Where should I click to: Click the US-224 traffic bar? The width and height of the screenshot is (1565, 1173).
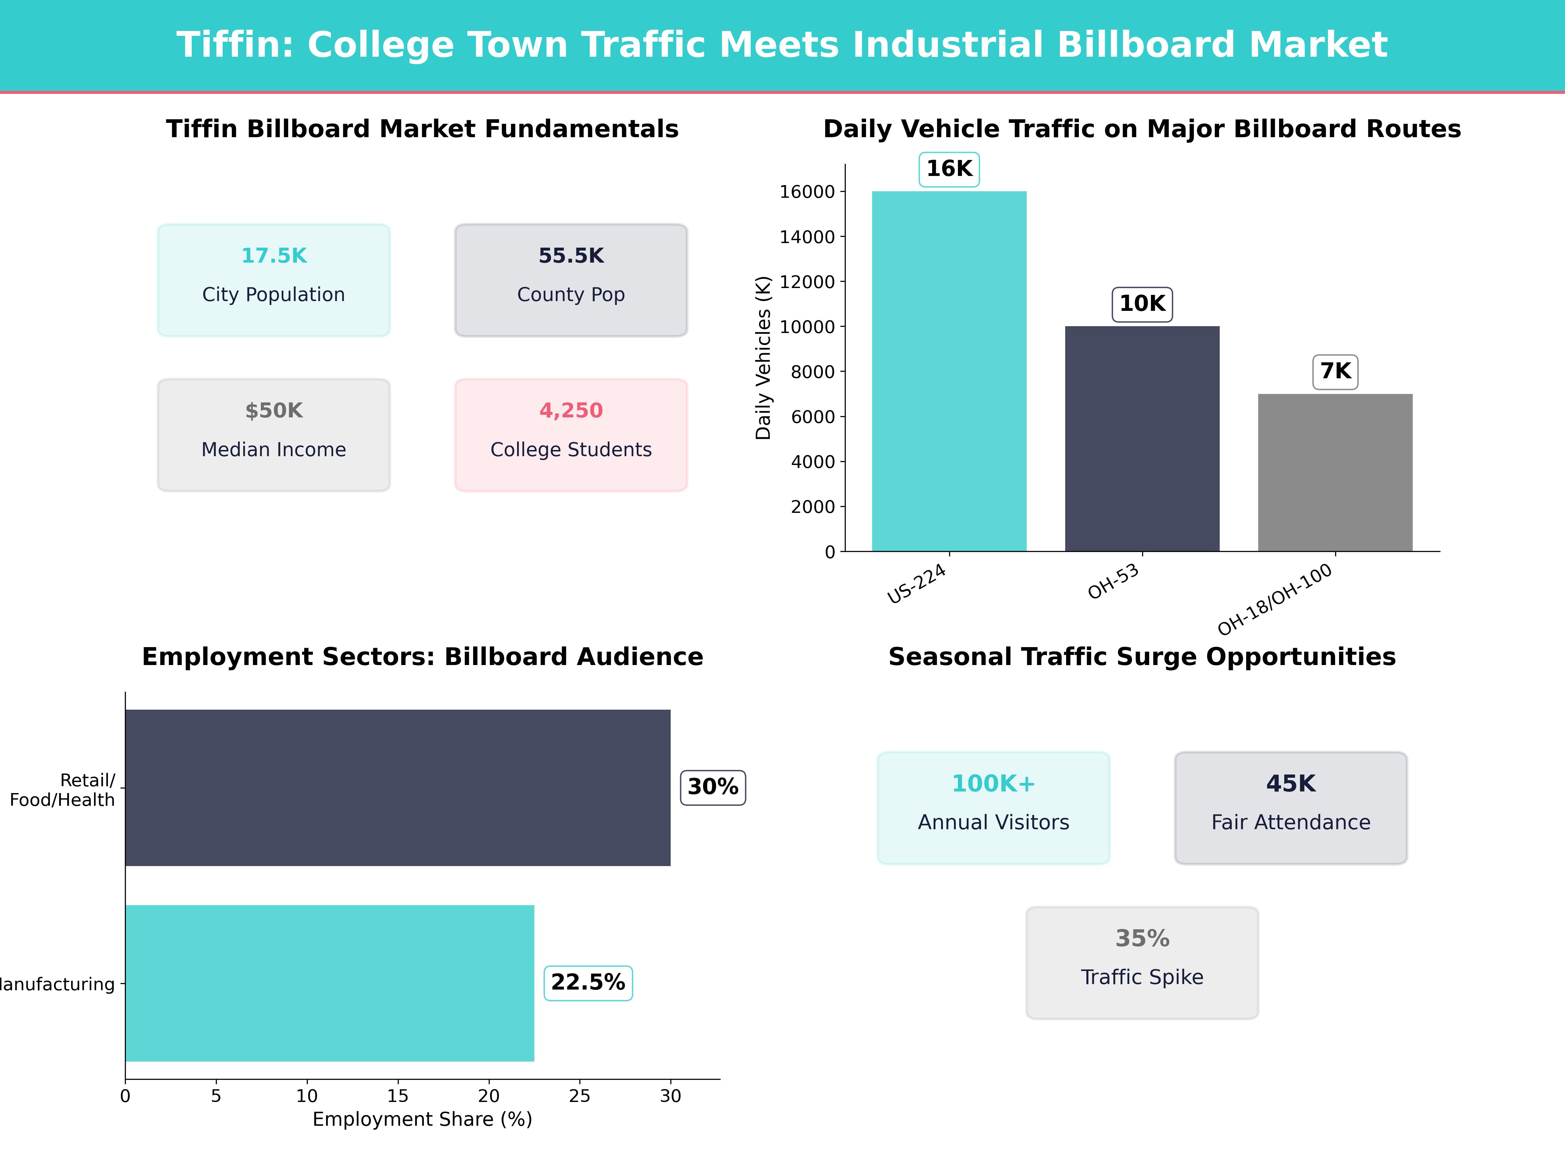point(949,371)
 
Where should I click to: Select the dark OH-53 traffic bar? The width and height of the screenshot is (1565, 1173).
point(1142,438)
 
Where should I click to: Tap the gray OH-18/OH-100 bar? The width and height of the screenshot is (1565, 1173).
point(1335,472)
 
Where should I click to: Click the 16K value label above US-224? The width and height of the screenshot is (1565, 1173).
point(949,169)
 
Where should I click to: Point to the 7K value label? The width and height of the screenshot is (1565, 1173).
point(1335,371)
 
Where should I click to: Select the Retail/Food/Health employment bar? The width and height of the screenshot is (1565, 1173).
point(398,788)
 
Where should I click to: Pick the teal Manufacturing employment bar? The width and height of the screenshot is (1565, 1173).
point(330,983)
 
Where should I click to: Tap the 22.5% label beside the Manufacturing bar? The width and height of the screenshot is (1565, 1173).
point(588,983)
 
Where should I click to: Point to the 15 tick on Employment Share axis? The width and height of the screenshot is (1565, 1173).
point(398,1096)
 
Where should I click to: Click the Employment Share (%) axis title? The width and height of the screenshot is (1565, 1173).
point(422,1119)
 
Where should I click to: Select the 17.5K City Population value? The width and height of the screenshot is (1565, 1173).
point(274,256)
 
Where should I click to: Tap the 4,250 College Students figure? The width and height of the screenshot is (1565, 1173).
point(571,411)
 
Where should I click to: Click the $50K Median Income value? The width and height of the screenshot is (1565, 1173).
point(274,411)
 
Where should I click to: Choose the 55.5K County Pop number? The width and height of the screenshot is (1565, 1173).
point(571,256)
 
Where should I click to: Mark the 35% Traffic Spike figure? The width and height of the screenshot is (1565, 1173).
point(1142,938)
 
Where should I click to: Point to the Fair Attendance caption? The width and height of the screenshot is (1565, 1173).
point(1290,822)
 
